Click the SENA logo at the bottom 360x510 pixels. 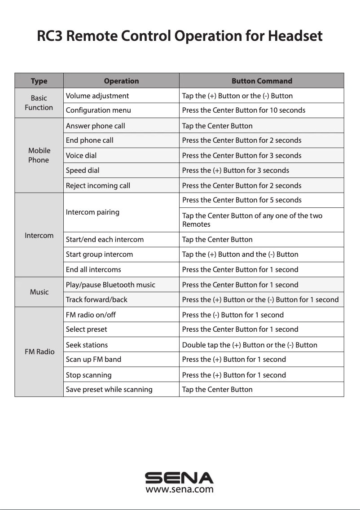pyautogui.click(x=180, y=477)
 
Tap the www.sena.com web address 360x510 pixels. pyautogui.click(x=180, y=489)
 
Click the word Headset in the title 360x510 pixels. pyautogui.click(x=295, y=36)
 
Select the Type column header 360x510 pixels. pyautogui.click(x=39, y=81)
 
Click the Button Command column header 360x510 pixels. pyautogui.click(x=262, y=81)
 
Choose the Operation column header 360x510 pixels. pyautogui.click(x=121, y=81)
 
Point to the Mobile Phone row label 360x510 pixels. pyautogui.click(x=39, y=155)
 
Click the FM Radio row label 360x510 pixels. pyautogui.click(x=39, y=352)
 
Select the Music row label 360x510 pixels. pyautogui.click(x=39, y=292)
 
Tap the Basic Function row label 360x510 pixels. pyautogui.click(x=39, y=103)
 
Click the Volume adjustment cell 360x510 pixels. pyautogui.click(x=97, y=96)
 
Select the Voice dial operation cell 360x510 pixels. pyautogui.click(x=81, y=156)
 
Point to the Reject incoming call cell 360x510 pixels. pyautogui.click(x=98, y=186)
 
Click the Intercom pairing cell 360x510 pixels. pyautogui.click(x=92, y=212)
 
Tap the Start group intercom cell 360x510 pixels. pyautogui.click(x=99, y=255)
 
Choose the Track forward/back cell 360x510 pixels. pyautogui.click(x=97, y=300)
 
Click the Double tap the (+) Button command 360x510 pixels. pyautogui.click(x=250, y=345)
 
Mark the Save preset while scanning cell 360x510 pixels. pyautogui.click(x=109, y=390)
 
